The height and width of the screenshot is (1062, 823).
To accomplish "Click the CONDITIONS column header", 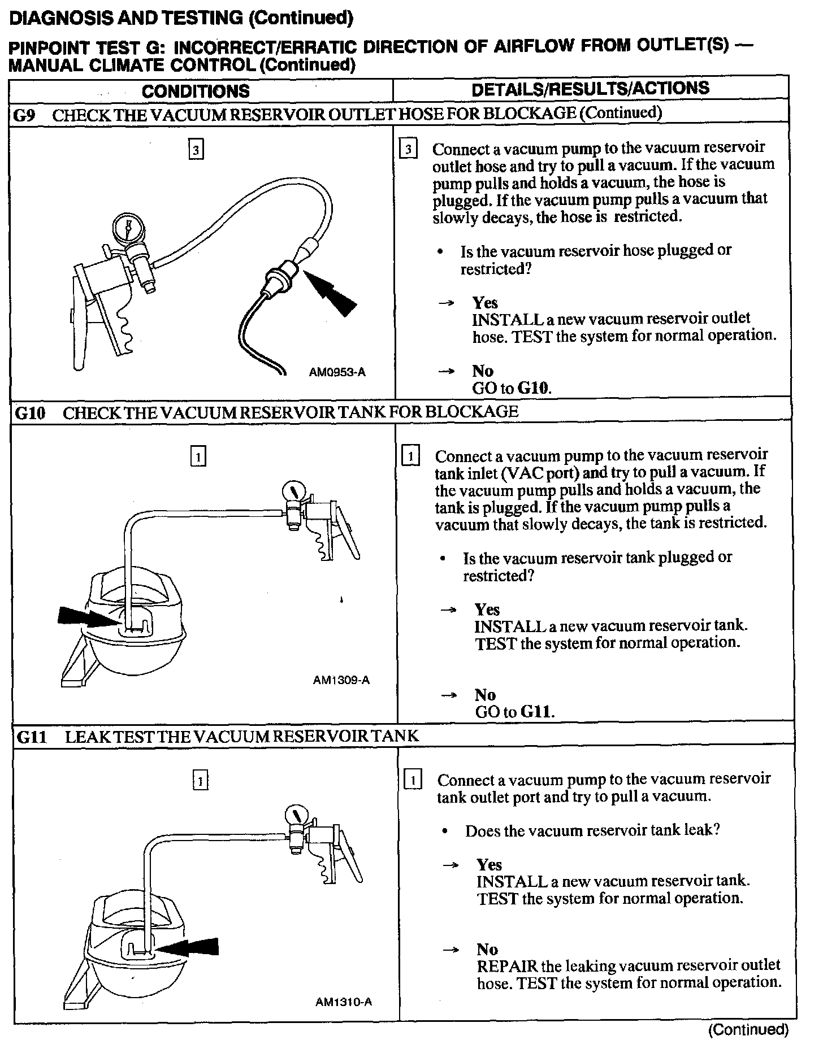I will click(x=195, y=91).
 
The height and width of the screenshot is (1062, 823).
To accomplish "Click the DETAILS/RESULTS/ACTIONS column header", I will click(x=590, y=89).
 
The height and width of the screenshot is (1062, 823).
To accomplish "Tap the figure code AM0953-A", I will click(x=337, y=372).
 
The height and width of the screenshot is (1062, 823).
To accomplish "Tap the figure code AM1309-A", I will click(x=341, y=681).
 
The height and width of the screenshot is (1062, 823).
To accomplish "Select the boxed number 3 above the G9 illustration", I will click(x=196, y=150).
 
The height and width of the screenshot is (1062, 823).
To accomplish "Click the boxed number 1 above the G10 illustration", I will click(x=198, y=456).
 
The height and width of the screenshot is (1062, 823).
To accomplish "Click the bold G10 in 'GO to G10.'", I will click(x=534, y=388).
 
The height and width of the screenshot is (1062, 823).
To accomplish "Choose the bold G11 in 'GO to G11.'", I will click(x=536, y=712).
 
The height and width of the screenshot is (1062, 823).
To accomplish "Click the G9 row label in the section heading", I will click(x=25, y=115).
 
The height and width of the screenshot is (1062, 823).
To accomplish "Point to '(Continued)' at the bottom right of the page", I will click(x=748, y=1030).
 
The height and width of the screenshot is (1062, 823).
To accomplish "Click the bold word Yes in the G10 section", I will click(x=487, y=610).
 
